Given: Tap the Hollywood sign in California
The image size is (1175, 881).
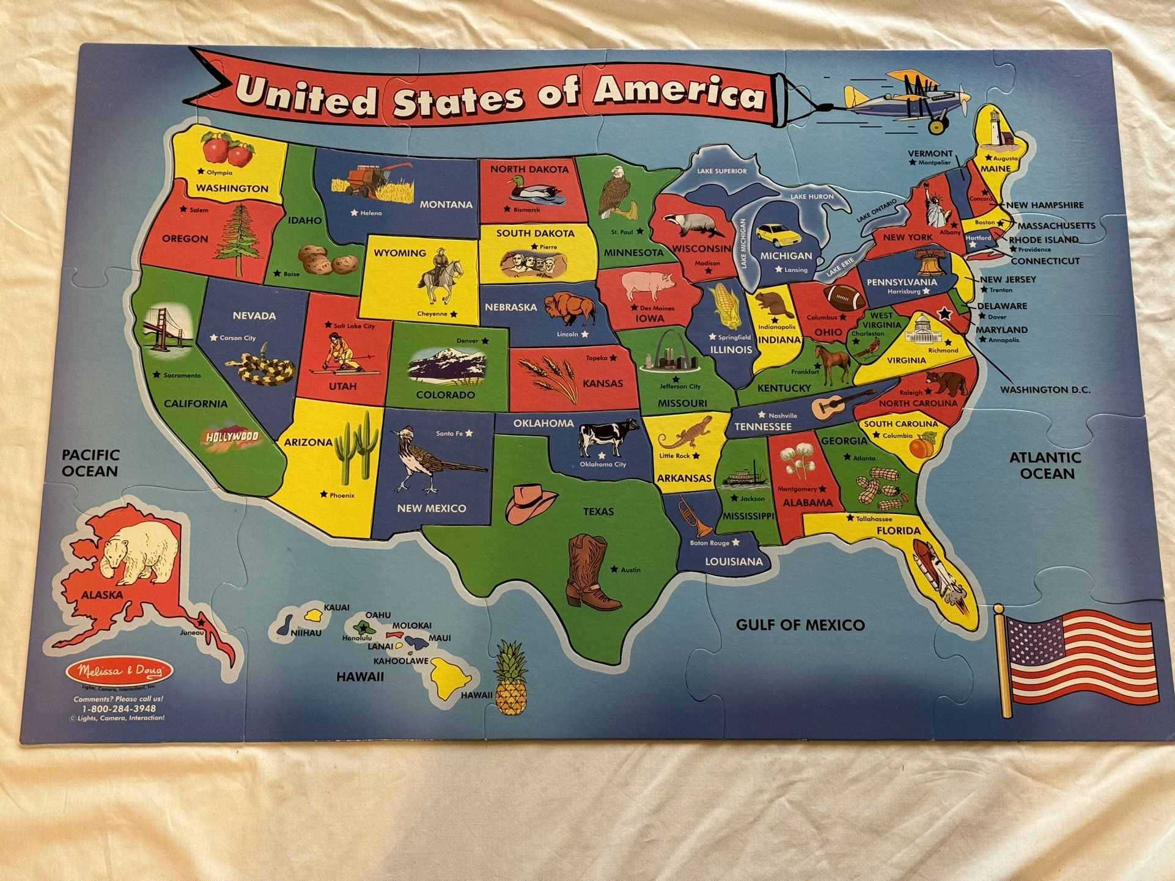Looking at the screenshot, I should tap(232, 437).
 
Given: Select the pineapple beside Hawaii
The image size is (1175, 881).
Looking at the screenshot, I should tap(511, 679).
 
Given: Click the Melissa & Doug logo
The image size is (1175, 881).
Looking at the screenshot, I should tap(120, 671).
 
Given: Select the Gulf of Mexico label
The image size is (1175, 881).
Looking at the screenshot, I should tap(800, 624).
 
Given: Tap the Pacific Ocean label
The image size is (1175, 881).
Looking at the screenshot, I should tap(90, 463).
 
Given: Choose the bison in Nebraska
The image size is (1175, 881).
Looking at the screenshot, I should tap(569, 307).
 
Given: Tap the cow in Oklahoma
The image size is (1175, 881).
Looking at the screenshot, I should tap(608, 435).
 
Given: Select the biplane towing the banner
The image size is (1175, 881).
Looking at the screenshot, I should tap(905, 99).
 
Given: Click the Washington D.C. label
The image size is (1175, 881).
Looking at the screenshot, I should tap(1045, 389).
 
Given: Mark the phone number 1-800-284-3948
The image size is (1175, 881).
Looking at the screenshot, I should tap(119, 709).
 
